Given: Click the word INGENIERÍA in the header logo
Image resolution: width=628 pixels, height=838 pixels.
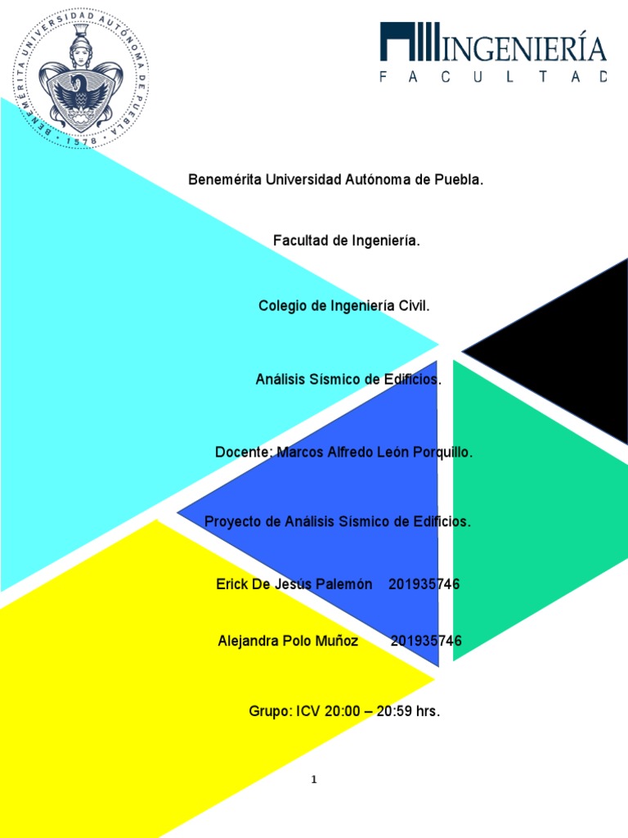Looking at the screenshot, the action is [x=524, y=48].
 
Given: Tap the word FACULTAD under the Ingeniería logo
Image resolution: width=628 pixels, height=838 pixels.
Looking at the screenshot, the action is [x=493, y=77].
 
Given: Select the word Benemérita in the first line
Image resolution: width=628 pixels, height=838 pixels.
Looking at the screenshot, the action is [x=223, y=180].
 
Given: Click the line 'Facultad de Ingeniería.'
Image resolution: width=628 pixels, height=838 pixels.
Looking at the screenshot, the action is [x=347, y=241].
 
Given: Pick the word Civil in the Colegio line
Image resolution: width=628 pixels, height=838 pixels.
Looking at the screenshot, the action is [x=414, y=306].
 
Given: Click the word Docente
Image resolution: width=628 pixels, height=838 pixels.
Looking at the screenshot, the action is [x=243, y=453].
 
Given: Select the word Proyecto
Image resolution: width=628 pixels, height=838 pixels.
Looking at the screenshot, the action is [x=231, y=521].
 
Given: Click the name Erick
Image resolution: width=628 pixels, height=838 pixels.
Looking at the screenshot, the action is [x=232, y=584].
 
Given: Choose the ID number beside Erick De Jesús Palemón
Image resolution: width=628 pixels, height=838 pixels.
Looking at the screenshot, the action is [x=424, y=584].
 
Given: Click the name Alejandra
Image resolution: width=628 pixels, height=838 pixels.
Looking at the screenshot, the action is [x=249, y=642].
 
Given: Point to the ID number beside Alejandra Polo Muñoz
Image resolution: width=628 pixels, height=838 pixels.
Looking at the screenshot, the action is [x=426, y=642].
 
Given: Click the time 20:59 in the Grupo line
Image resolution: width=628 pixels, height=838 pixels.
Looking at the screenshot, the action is [x=394, y=712].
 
